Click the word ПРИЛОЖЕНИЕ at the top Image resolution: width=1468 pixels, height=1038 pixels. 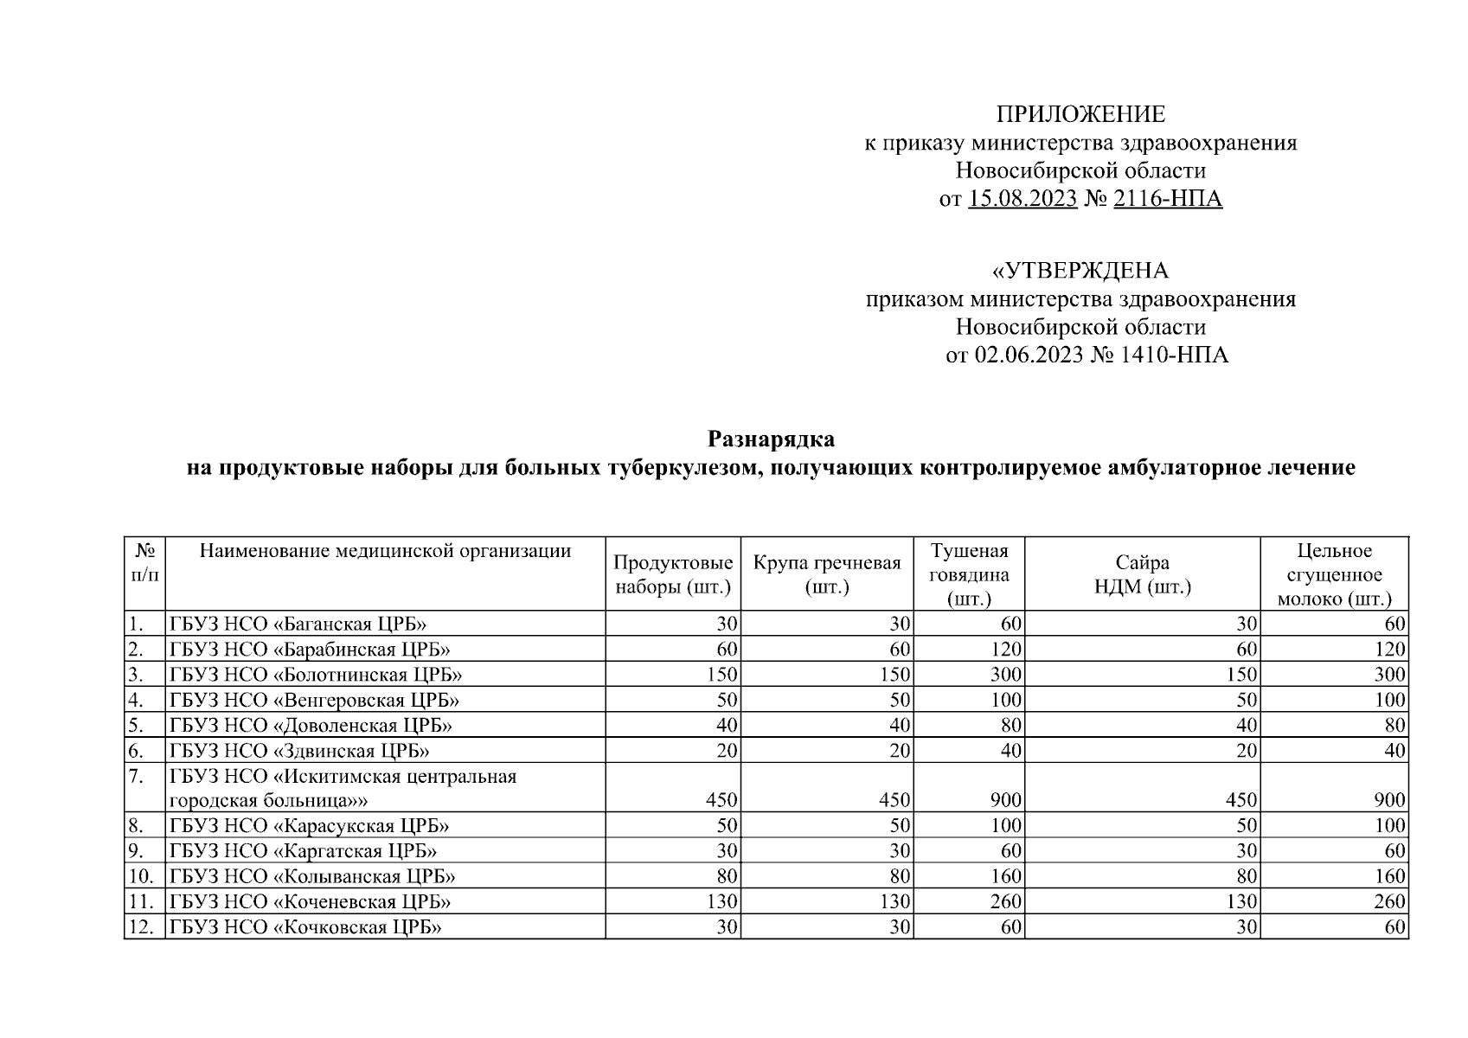pos(1080,114)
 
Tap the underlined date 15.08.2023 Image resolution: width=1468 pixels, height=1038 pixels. pos(1022,199)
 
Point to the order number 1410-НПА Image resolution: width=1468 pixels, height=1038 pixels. pos(1174,355)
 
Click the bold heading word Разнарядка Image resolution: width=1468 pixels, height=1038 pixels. pos(771,439)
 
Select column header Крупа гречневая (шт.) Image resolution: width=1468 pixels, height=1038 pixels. pos(827,574)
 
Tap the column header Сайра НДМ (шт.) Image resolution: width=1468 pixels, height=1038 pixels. pos(1142,574)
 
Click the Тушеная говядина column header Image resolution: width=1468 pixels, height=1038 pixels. pos(969,574)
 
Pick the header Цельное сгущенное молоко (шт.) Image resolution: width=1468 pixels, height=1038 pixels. pos(1334,574)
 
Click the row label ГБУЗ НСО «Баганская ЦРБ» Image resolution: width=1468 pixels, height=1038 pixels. pos(298,624)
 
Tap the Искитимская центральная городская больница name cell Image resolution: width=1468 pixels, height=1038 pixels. pos(343,788)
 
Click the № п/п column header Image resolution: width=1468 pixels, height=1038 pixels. pos(144,562)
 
